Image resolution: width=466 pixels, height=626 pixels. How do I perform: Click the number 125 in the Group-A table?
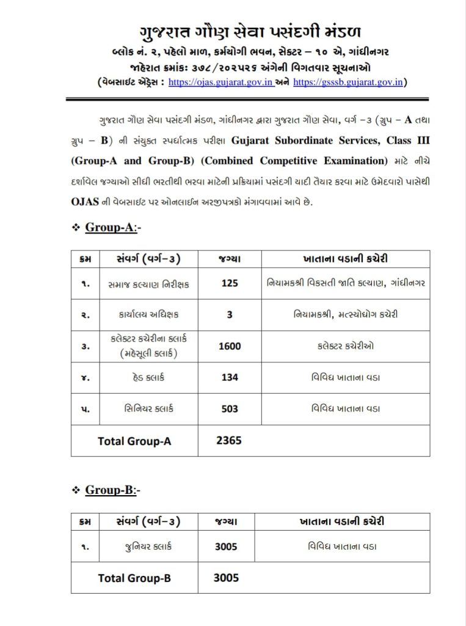tap(230, 284)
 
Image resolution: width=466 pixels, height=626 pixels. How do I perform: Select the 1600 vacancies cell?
tap(230, 346)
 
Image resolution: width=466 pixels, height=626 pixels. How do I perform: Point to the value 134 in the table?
tap(230, 377)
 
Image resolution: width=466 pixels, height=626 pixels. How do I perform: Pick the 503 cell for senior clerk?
tap(230, 409)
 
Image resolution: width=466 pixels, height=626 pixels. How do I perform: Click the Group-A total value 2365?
tap(229, 440)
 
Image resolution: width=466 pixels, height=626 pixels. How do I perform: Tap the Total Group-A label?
tap(134, 441)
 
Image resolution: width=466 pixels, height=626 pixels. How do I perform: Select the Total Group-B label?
tap(134, 578)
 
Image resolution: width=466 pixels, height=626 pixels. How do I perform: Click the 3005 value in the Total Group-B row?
tap(226, 577)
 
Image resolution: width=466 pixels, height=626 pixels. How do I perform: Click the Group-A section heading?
tap(113, 228)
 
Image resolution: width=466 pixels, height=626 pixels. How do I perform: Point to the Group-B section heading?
tap(113, 490)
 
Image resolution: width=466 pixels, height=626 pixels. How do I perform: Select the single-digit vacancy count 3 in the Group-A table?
tap(230, 315)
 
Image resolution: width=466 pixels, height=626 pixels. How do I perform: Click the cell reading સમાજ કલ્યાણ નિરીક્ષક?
tap(149, 284)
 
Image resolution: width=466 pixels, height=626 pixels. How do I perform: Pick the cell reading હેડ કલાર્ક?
tap(149, 377)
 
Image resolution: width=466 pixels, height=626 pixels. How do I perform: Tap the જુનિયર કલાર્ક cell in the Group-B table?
tap(148, 547)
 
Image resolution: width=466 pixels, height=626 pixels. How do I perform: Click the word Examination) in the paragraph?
tap(352, 161)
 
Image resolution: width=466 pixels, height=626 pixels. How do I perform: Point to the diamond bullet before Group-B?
tap(76, 490)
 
